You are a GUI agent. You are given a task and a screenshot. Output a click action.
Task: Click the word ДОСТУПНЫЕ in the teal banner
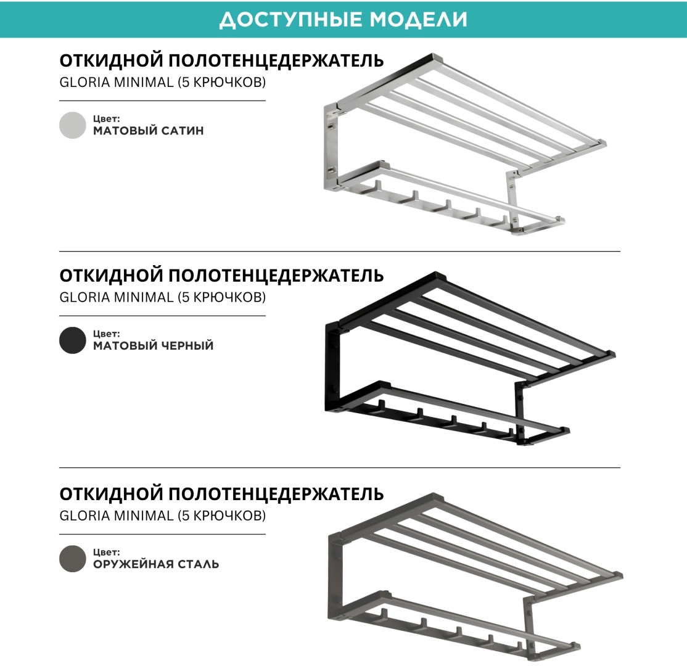291,20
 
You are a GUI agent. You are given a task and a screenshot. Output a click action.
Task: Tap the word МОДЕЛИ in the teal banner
418,20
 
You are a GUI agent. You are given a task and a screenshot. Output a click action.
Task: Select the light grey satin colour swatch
72,125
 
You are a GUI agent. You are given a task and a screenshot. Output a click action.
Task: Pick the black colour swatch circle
72,340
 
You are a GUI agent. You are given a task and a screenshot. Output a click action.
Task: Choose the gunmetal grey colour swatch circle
72,558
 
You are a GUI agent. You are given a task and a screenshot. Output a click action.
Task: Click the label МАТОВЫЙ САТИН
148,131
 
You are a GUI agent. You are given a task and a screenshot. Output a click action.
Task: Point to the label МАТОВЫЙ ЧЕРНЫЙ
153,345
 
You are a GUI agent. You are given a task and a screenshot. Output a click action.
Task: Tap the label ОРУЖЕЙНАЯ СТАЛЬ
155,564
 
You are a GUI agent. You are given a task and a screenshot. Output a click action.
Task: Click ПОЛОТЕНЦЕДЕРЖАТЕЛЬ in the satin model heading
276,60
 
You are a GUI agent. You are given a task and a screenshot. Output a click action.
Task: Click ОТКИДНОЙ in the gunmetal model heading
111,494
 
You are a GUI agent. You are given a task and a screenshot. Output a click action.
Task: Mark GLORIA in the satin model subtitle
85,82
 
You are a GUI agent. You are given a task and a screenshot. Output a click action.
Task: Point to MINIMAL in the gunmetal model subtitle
144,516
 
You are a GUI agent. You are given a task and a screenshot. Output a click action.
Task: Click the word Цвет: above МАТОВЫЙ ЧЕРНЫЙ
106,334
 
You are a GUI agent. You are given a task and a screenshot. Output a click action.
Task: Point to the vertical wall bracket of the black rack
332,368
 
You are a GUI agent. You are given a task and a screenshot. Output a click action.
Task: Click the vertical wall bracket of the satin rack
331,147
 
